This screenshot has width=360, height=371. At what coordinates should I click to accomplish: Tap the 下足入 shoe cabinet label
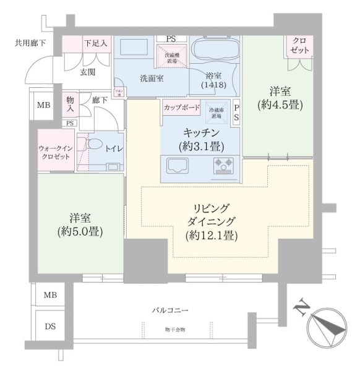(96, 43)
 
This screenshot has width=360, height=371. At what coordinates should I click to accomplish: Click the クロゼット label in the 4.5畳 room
(300, 44)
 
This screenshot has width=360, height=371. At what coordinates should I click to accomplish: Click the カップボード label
(181, 107)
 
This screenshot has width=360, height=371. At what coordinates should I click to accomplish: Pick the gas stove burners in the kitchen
(223, 166)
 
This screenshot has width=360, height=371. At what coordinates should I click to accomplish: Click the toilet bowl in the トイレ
(94, 143)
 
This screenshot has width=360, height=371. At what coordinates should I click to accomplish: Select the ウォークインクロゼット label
(56, 152)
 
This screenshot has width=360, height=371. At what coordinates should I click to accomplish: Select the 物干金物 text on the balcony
(175, 330)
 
